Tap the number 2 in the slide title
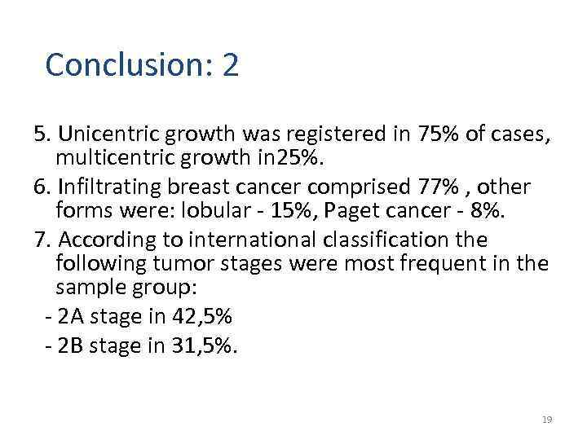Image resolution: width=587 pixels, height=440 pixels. (x=230, y=65)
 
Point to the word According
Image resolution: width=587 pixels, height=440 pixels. (x=105, y=240)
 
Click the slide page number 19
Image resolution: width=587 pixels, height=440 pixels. (x=547, y=420)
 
